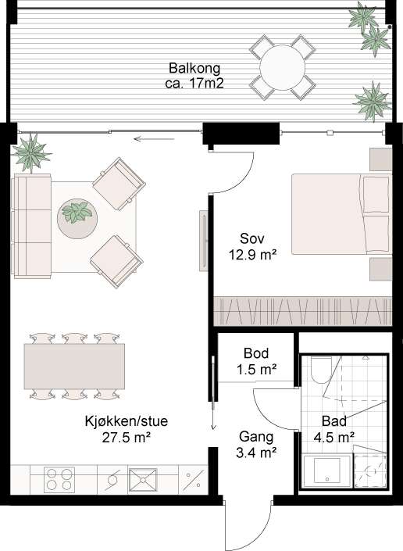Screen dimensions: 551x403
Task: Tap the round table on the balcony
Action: (x=282, y=68)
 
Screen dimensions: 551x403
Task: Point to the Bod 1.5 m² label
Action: (x=256, y=361)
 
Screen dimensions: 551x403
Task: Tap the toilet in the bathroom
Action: (x=321, y=370)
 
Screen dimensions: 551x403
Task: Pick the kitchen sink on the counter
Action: (x=143, y=479)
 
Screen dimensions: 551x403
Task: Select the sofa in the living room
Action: (x=31, y=225)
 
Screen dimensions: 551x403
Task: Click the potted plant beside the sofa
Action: (x=31, y=152)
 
